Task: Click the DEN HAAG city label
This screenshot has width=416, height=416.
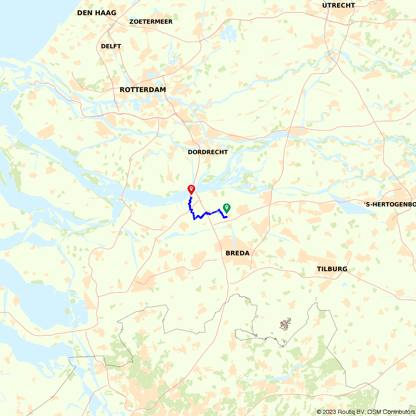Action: point(97,13)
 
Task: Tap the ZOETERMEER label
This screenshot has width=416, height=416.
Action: point(151,22)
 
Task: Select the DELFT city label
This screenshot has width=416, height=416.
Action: point(111,46)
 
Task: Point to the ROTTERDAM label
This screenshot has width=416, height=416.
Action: point(143,90)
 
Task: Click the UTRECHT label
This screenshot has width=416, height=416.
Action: point(339,5)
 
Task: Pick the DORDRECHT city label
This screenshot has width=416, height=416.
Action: point(208,152)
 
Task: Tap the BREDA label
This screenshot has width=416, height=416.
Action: point(238,253)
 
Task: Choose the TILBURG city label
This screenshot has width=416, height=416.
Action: point(332,269)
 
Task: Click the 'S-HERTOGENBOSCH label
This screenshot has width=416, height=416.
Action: point(390,204)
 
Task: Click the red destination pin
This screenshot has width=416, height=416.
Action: point(191,189)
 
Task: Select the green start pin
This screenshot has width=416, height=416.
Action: point(227,208)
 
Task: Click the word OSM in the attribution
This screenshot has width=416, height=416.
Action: point(376,412)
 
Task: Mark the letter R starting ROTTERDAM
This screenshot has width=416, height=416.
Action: point(122,90)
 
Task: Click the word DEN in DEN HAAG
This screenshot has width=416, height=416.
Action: point(84,13)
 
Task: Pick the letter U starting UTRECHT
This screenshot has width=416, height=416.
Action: point(324,5)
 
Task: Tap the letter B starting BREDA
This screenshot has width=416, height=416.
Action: point(228,253)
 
